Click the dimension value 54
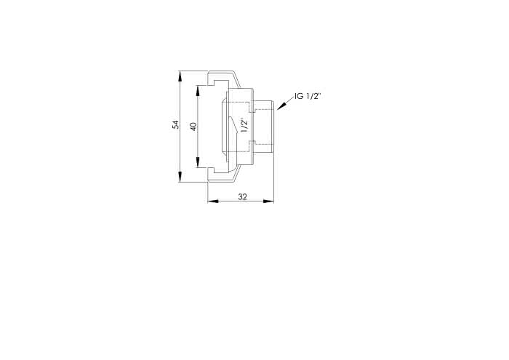pyautogui.click(x=176, y=124)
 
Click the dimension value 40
pyautogui.click(x=193, y=127)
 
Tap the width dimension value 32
pyautogui.click(x=242, y=196)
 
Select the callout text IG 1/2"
pyautogui.click(x=308, y=96)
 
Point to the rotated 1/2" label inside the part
pyautogui.click(x=244, y=125)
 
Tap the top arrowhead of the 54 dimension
pyautogui.click(x=180, y=76)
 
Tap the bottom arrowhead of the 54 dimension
pyautogui.click(x=180, y=177)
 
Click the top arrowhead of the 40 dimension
pyautogui.click(x=198, y=91)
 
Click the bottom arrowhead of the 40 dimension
pyautogui.click(x=198, y=162)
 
